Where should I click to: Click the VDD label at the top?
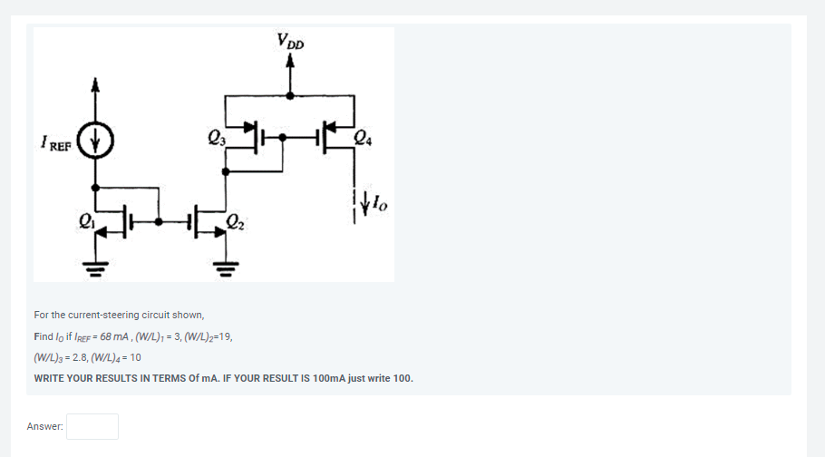[x=291, y=41]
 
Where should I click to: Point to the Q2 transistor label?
[x=235, y=220]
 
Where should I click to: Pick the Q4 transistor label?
[x=362, y=139]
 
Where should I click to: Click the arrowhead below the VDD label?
[x=290, y=61]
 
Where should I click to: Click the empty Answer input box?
[x=92, y=426]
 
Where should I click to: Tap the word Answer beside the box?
[x=44, y=426]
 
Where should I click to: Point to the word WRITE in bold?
[x=50, y=378]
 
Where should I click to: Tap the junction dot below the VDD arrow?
[x=290, y=94]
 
